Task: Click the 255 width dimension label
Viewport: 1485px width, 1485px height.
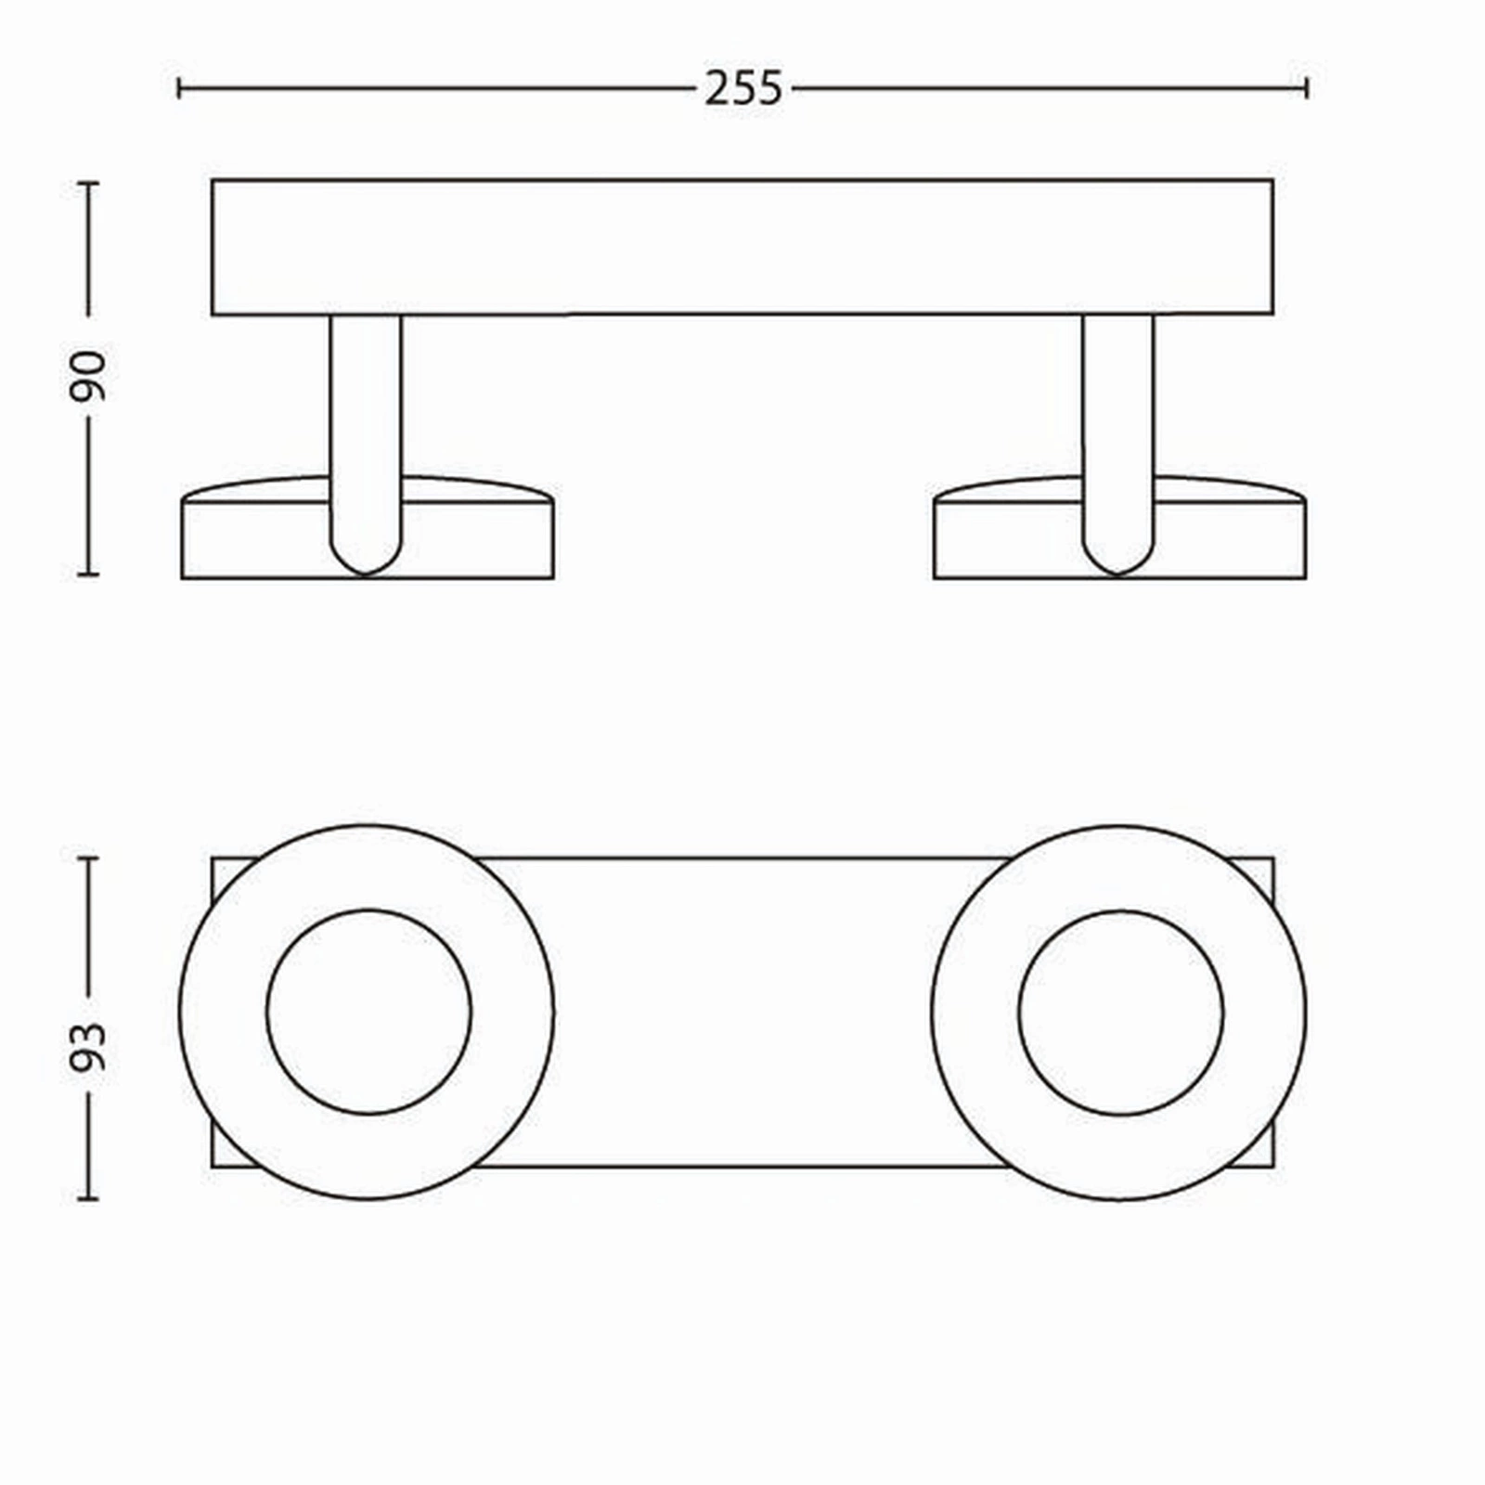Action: [743, 89]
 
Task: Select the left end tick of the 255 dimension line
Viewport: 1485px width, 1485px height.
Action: [178, 89]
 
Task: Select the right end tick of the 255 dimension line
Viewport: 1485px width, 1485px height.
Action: [1307, 89]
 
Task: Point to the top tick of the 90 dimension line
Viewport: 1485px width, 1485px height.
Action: [88, 183]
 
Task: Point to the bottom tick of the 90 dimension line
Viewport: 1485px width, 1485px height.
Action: [88, 575]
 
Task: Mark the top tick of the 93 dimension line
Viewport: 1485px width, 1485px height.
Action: [88, 859]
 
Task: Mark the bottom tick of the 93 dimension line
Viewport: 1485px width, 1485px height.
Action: [88, 1198]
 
